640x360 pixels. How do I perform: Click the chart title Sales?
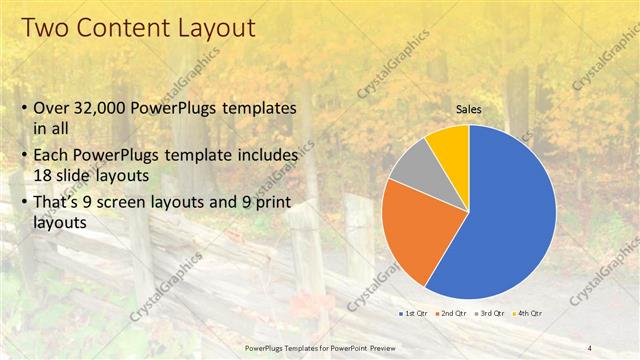tap(469, 109)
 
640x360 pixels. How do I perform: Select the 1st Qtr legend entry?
tap(416, 314)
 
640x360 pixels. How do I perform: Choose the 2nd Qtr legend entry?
tap(453, 314)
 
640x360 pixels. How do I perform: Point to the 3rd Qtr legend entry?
tap(490, 314)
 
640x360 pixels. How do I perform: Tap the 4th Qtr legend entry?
tap(526, 314)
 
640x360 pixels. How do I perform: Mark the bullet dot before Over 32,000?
tap(22, 108)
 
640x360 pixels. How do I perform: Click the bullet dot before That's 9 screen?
tap(22, 202)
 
